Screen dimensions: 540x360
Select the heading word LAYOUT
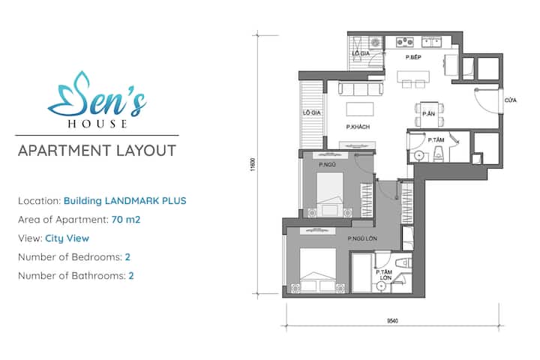tap(146, 151)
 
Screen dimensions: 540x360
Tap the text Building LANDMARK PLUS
tap(125, 201)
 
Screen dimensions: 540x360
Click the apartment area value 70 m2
tap(126, 220)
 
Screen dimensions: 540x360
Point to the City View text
tap(67, 238)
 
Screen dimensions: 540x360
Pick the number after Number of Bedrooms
tap(127, 257)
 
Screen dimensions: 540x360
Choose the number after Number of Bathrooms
tap(130, 275)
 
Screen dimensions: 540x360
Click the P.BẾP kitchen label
tap(413, 57)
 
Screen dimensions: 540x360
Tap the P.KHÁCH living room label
tap(358, 127)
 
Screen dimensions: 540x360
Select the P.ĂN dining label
tap(429, 114)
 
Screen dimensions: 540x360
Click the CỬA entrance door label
tap(511, 100)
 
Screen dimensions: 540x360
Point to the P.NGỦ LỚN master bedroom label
tap(362, 238)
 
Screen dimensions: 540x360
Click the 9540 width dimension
tap(392, 321)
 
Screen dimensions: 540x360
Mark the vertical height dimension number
tap(253, 165)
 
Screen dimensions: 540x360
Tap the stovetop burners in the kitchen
tap(405, 42)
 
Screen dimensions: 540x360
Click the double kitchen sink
tap(431, 42)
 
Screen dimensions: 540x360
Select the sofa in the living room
tap(361, 88)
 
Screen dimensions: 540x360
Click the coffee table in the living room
tap(360, 109)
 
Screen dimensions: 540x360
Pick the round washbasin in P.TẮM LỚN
tap(380, 286)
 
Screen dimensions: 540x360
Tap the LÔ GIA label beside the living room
tap(312, 112)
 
